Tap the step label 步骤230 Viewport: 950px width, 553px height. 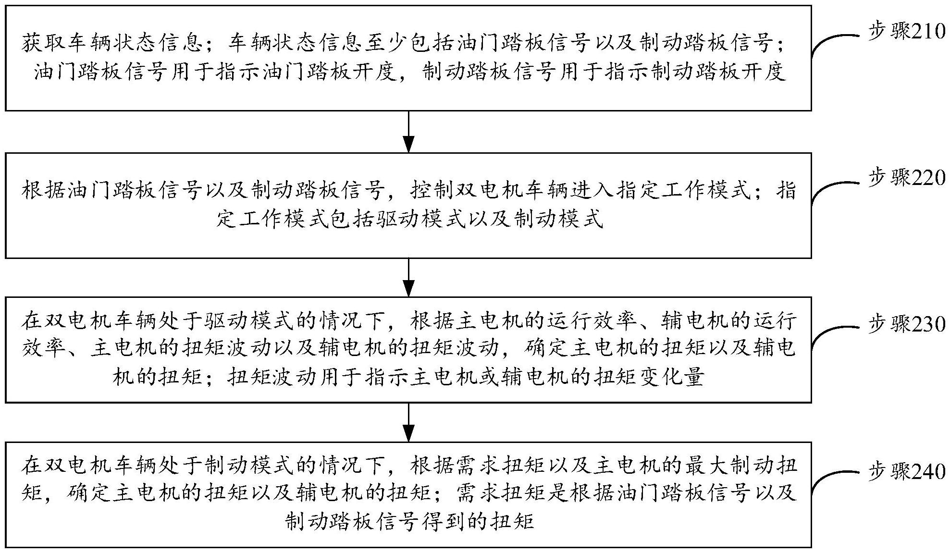click(x=906, y=325)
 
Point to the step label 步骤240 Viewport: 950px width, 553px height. click(x=906, y=472)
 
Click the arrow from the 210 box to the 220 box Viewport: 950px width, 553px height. click(x=408, y=132)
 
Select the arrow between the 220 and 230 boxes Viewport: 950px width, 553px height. click(x=408, y=277)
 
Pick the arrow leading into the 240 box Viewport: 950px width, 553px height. click(x=408, y=423)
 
